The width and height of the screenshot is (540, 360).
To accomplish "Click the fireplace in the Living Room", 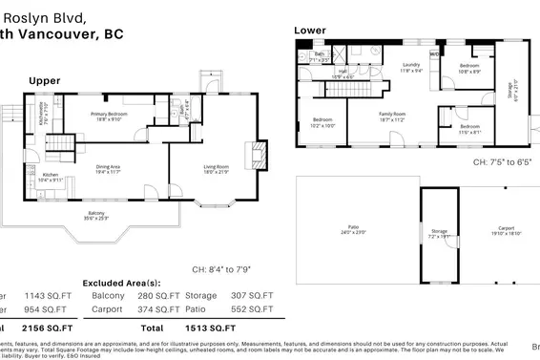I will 253,154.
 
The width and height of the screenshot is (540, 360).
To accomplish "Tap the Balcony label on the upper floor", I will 96,215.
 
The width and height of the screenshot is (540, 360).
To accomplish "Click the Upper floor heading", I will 44,81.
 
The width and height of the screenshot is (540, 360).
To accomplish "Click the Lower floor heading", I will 309,31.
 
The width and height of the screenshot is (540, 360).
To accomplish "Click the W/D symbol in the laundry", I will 435,54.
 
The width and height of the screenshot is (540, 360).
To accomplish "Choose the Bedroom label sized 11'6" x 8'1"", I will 469,128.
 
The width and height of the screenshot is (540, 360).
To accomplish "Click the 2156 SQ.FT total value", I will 46,327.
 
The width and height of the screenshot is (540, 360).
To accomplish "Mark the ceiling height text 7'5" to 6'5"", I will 506,162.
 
